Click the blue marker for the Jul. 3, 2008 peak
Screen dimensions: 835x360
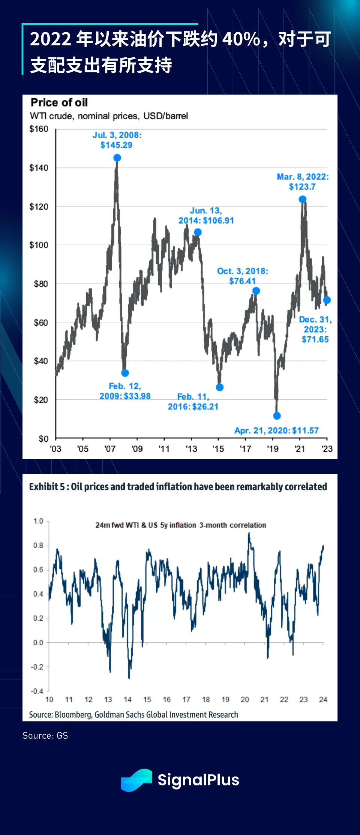click(x=117, y=158)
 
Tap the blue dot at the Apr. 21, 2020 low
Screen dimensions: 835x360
click(x=277, y=415)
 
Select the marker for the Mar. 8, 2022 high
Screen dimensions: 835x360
click(x=303, y=199)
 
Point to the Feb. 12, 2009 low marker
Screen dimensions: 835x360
click(x=125, y=373)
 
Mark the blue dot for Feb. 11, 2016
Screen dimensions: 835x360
click(x=220, y=387)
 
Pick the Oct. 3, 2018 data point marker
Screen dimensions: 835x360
click(x=256, y=291)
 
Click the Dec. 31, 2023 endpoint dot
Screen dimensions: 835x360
click(x=327, y=300)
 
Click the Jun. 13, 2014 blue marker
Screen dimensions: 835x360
click(x=198, y=232)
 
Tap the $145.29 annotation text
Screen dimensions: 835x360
click(x=116, y=145)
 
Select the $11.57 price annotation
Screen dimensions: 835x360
click(x=305, y=430)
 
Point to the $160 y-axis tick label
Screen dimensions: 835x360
click(x=39, y=129)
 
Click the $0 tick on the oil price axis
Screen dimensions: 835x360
click(x=43, y=439)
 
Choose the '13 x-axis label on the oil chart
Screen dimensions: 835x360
click(x=191, y=449)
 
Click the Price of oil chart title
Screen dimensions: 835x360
click(x=59, y=102)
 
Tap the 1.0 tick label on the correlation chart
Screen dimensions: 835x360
click(x=38, y=521)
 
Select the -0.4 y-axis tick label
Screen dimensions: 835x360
click(x=37, y=691)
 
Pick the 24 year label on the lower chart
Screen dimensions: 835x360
click(x=323, y=700)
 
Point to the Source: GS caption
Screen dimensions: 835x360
click(x=45, y=735)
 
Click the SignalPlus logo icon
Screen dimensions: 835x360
click(x=136, y=780)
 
